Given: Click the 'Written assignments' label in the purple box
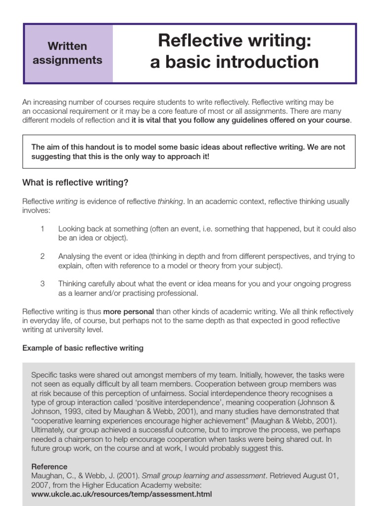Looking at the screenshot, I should [x=67, y=53].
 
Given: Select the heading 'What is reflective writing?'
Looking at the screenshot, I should [x=75, y=183].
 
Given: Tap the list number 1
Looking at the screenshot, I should [x=43, y=229].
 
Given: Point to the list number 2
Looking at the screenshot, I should [x=43, y=256].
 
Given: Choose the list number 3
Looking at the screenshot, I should [x=43, y=284].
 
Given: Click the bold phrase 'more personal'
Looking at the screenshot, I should [x=128, y=312].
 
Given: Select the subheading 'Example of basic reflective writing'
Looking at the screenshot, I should [x=83, y=348].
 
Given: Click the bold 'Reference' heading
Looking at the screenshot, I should [x=49, y=466].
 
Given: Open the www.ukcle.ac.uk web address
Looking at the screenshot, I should [x=122, y=494].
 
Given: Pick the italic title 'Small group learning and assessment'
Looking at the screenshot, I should [x=204, y=476].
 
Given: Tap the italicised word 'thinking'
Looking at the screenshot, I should [x=170, y=202].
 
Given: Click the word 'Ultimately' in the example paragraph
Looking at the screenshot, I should [x=48, y=430].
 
